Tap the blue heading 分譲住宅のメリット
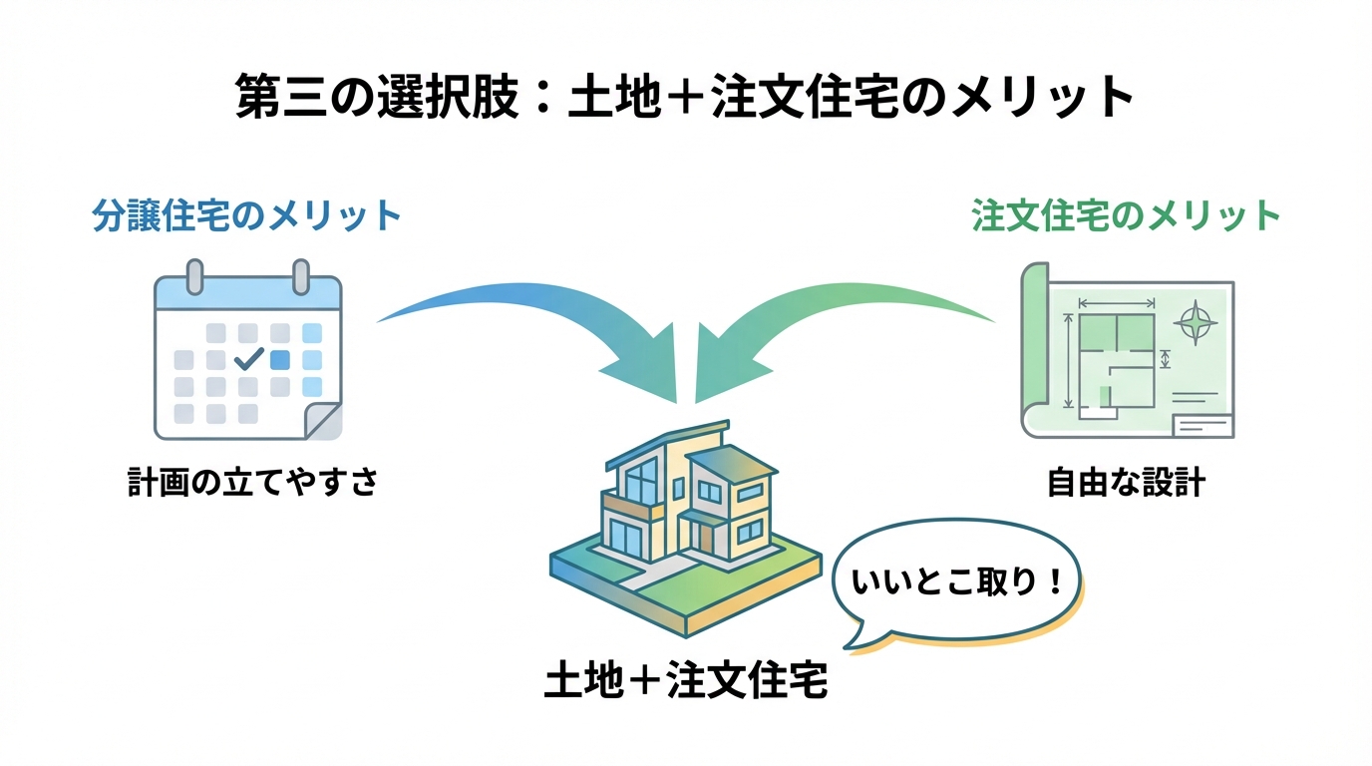[x=246, y=216]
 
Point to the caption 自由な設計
[x=1126, y=484]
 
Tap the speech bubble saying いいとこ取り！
[x=955, y=582]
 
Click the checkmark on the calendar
[x=247, y=357]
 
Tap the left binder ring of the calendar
[x=194, y=275]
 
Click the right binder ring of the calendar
[x=300, y=275]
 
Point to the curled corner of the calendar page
[x=322, y=420]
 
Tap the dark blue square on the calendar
[x=280, y=359]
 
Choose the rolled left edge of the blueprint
[x=1034, y=349]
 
